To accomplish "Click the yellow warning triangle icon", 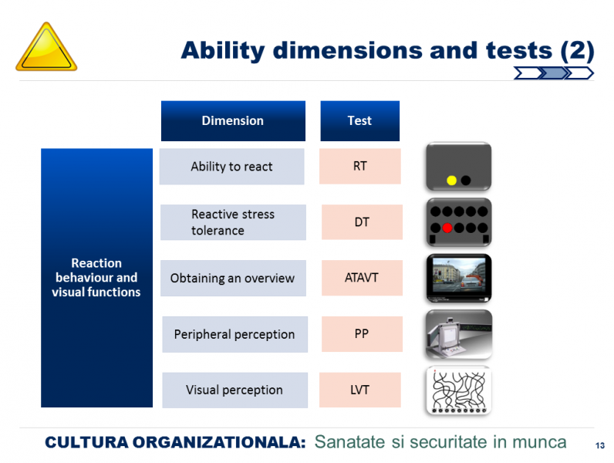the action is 46,47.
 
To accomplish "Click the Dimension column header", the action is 233,120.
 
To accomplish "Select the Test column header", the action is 360,120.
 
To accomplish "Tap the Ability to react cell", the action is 232,167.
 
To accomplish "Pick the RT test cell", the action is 360,166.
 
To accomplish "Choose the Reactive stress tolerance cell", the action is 233,222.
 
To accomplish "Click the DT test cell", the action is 362,222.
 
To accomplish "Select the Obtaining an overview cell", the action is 233,278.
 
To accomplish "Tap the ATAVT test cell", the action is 362,278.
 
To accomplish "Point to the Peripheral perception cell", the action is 235,334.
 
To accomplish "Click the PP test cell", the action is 362,333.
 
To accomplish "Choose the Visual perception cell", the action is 235,390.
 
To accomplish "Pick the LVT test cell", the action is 360,390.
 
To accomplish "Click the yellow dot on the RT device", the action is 451,181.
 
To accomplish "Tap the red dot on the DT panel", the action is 447,228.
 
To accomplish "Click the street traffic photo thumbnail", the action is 458,278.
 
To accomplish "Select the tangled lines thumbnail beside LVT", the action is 458,390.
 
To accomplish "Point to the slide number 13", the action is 600,445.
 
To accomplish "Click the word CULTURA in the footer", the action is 86,442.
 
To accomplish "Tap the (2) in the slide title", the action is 577,51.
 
